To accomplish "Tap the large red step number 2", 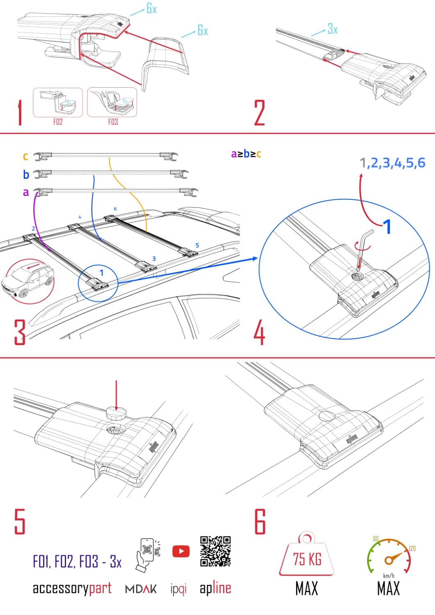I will (x=260, y=113).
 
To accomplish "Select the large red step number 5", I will (x=20, y=521).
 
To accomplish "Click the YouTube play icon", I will (x=181, y=551).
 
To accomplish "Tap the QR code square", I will (x=215, y=551).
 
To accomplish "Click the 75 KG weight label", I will (x=307, y=559).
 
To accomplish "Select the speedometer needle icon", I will (x=392, y=558).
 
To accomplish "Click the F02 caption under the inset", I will (x=58, y=122).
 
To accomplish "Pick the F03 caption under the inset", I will (x=113, y=122).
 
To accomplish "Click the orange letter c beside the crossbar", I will (x=25, y=156).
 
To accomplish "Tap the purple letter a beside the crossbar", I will (x=26, y=192).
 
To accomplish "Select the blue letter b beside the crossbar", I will (x=26, y=175).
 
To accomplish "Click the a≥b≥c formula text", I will (x=246, y=154).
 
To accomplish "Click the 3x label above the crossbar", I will (x=333, y=29).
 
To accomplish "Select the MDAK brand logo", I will (x=141, y=589).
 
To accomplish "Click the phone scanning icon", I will (x=147, y=554).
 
